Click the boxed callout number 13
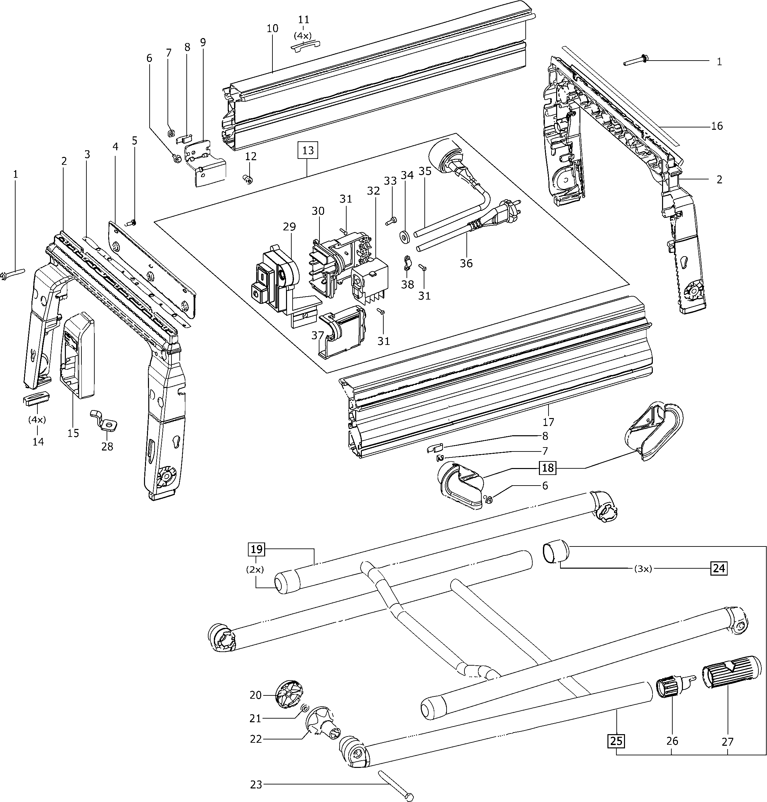tap(308, 150)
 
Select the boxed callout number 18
tap(548, 468)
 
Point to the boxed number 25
tap(616, 741)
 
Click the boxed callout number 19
tap(256, 549)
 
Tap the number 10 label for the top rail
tap(272, 28)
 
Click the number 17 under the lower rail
tap(548, 421)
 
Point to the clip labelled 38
tap(407, 263)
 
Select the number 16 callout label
tap(717, 125)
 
